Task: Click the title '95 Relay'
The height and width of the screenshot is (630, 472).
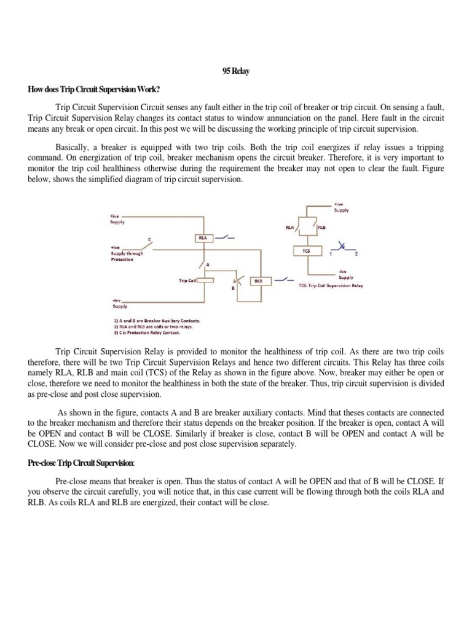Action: tap(235, 72)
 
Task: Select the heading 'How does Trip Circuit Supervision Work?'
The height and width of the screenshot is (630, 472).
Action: tap(94, 90)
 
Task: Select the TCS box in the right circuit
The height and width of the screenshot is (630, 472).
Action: tap(306, 250)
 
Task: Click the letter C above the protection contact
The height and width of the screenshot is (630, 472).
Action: tap(149, 238)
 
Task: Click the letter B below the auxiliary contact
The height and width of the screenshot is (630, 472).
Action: tap(233, 289)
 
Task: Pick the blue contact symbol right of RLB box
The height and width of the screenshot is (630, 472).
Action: tap(285, 280)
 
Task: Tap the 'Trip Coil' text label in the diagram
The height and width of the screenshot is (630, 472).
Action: tap(187, 281)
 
